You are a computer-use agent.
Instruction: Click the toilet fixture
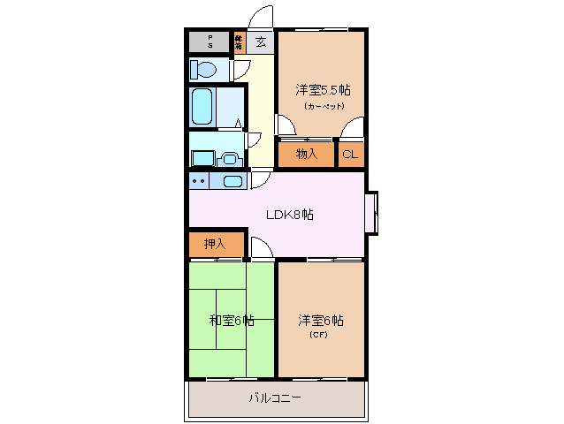203,70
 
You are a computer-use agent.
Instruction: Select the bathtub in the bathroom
202,106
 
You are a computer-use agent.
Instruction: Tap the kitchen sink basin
232,181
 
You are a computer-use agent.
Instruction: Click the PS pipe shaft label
210,42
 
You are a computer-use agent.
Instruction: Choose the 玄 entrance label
261,42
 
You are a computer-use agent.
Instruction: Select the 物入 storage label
306,155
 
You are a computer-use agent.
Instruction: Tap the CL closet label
350,155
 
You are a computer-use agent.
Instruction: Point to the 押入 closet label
214,244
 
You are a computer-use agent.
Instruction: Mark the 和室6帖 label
232,320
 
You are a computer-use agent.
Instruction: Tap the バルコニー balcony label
274,398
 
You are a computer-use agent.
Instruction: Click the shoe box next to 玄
240,42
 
